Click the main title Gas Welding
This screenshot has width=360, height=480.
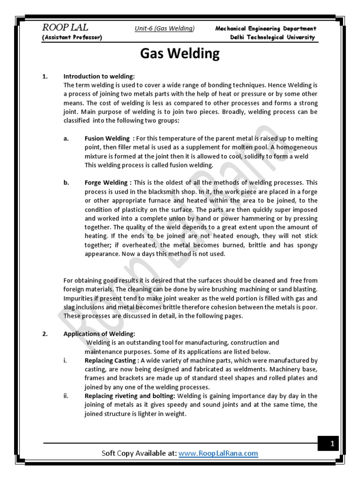pos(180,54)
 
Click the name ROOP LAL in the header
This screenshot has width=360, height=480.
pos(65,28)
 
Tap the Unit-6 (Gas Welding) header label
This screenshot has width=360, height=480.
pos(164,29)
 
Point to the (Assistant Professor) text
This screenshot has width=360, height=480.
pos(72,37)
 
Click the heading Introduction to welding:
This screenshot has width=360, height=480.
pos(99,76)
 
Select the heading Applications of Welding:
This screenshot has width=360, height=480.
pos(99,334)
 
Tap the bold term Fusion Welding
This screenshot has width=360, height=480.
pos(107,138)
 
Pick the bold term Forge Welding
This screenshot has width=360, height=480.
pos(106,182)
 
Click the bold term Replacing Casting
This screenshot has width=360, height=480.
pos(110,360)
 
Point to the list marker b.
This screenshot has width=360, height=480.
pos(66,182)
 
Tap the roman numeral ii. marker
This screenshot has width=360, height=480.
pos(66,396)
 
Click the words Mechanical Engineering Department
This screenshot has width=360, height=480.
pos(266,29)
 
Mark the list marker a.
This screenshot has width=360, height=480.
pos(66,138)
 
